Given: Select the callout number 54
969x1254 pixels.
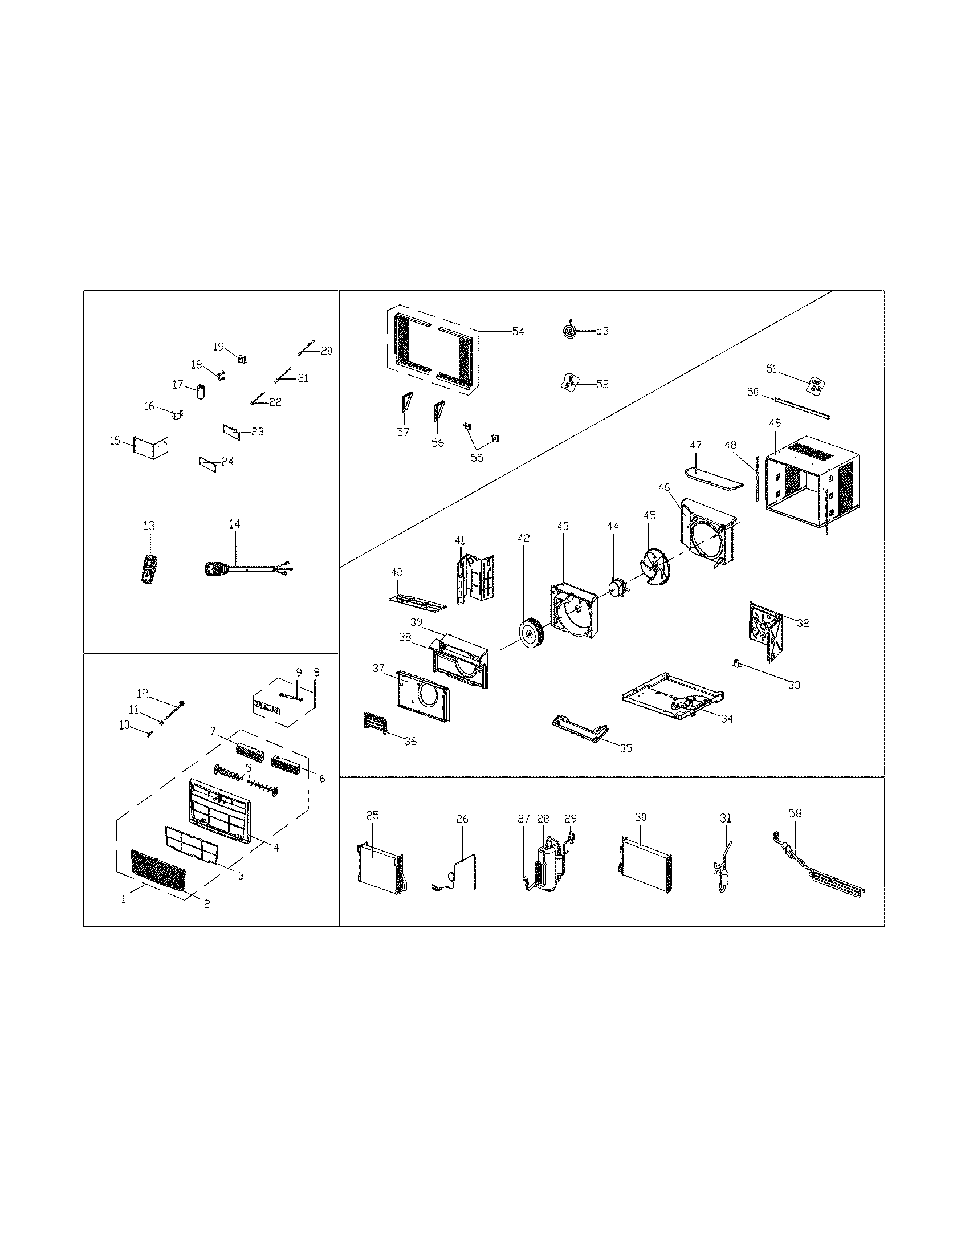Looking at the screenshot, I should point(518,331).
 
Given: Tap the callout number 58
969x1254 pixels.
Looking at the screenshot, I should point(795,813).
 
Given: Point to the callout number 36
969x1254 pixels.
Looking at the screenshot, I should point(410,741).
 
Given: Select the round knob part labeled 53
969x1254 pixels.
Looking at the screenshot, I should point(568,331).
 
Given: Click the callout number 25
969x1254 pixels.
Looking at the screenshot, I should point(373,815).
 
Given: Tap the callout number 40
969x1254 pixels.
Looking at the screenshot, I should point(397,572).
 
